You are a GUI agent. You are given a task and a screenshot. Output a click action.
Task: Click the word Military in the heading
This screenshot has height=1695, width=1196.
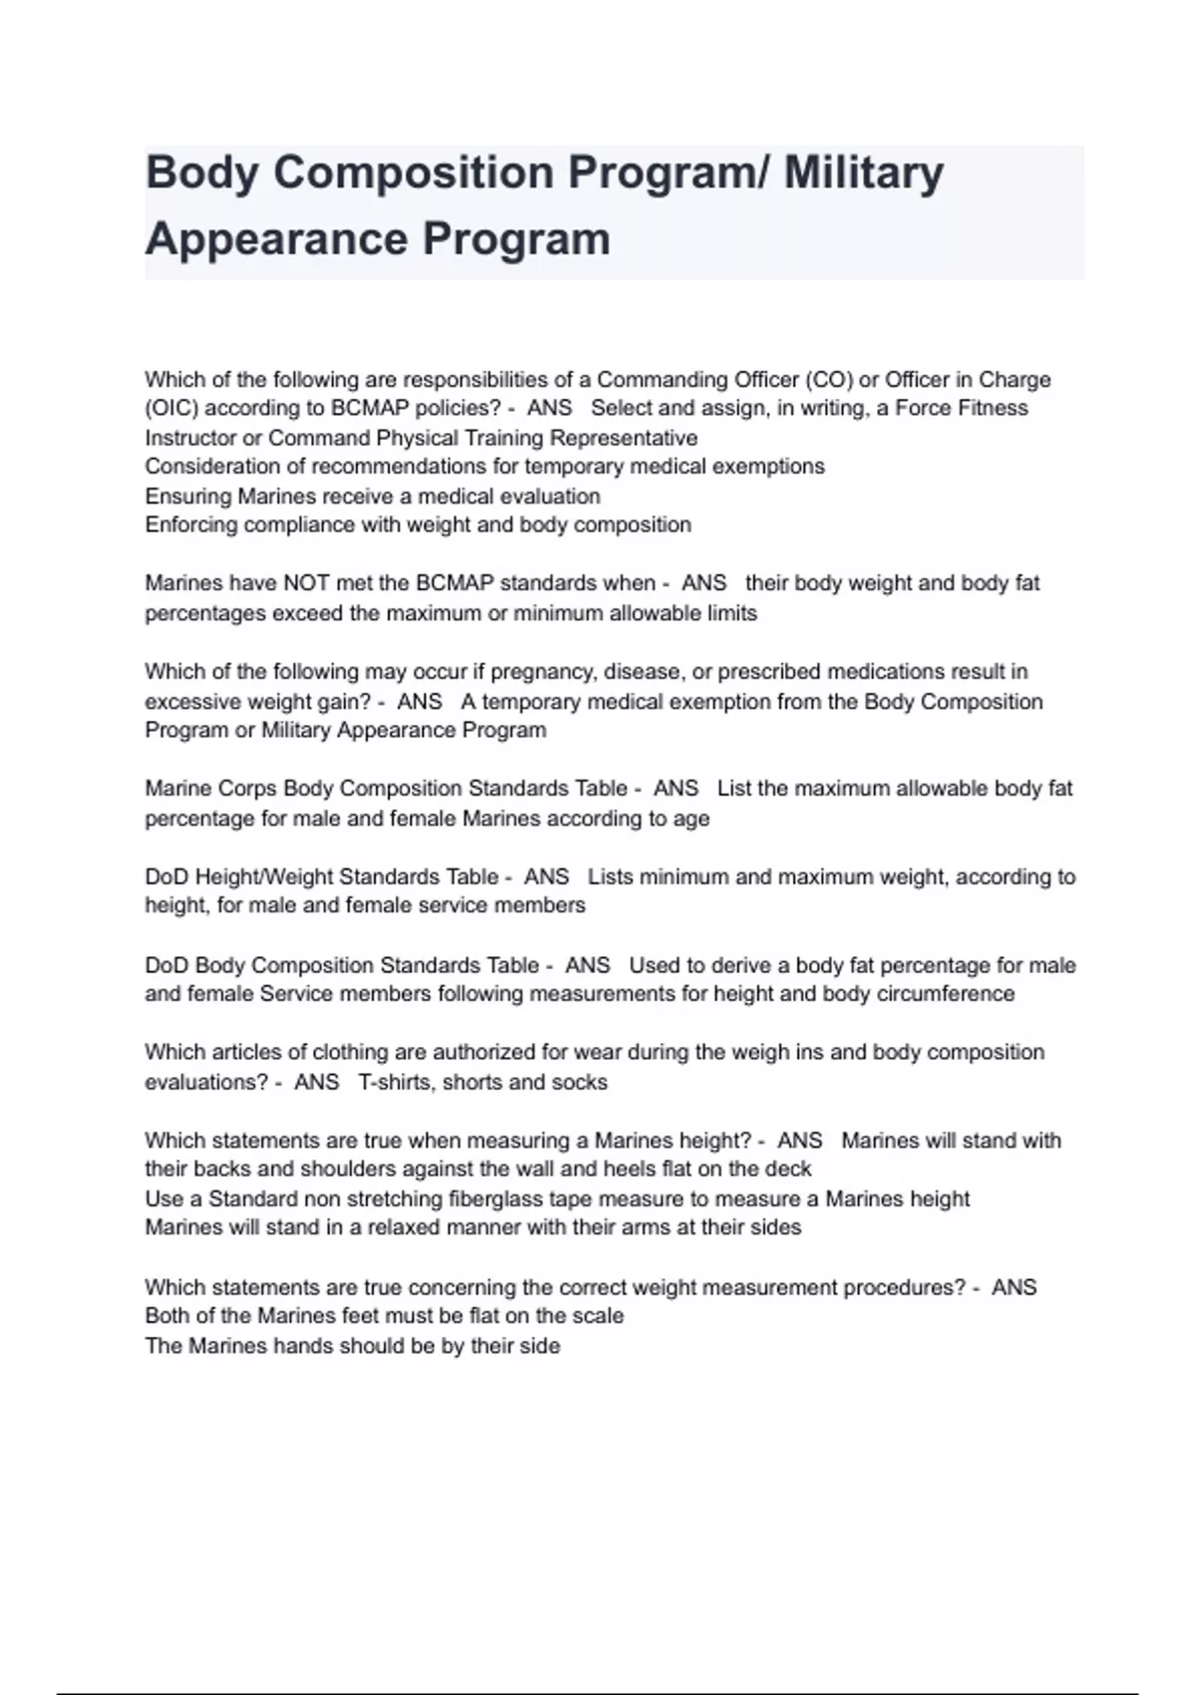[x=863, y=173]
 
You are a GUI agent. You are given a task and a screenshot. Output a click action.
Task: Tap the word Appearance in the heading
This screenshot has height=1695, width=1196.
[x=276, y=240]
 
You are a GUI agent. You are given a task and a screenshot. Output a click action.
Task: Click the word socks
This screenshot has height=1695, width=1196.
[x=582, y=1083]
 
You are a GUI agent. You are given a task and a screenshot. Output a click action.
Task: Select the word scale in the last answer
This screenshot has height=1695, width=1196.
[x=598, y=1316]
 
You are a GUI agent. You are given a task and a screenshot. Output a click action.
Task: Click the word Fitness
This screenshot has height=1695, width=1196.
[x=986, y=409]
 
